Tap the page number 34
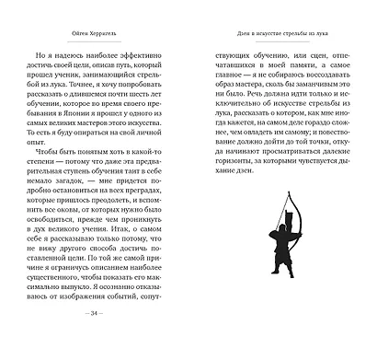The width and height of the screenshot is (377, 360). [x=97, y=338]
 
